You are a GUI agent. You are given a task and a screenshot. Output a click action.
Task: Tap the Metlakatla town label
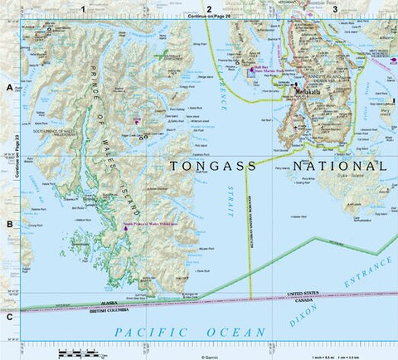(x=307, y=95)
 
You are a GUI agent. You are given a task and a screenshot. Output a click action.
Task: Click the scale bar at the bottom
(x=80, y=354)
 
